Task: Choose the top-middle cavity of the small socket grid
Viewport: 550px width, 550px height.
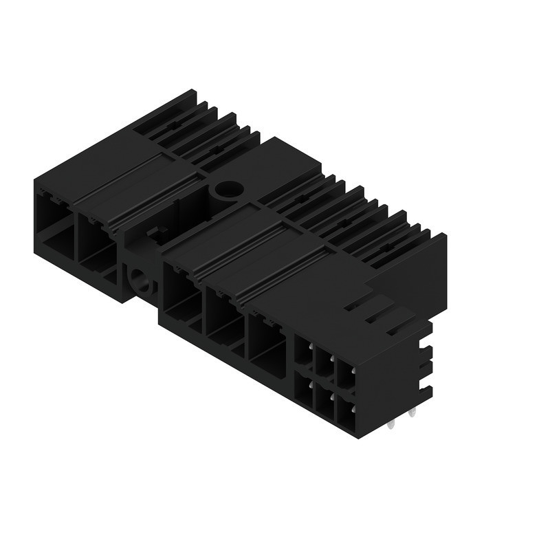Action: [x=322, y=362]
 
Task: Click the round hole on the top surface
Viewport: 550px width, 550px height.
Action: [x=225, y=190]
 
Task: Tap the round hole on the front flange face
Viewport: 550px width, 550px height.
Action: [x=140, y=279]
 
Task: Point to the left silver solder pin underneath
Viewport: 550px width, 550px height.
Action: [x=392, y=423]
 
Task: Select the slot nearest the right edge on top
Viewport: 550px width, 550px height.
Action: [x=397, y=327]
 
